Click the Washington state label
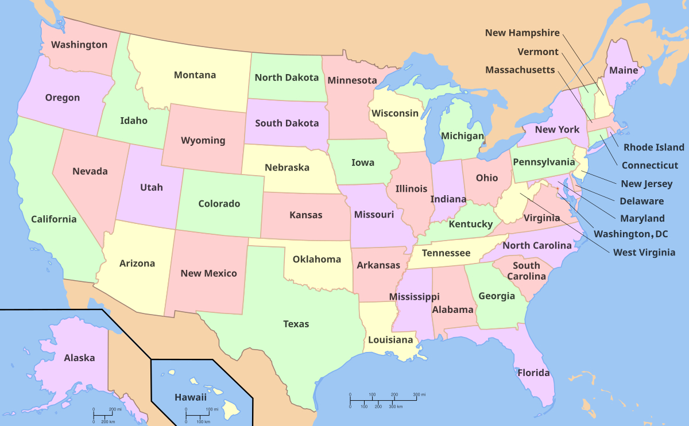pyautogui.click(x=79, y=45)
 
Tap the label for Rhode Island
pyautogui.click(x=654, y=148)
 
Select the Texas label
pyautogui.click(x=296, y=324)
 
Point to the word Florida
pyautogui.click(x=534, y=373)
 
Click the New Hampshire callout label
pyautogui.click(x=522, y=33)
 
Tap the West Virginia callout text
pyautogui.click(x=644, y=253)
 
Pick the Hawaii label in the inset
pyautogui.click(x=191, y=397)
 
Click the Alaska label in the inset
pyautogui.click(x=79, y=358)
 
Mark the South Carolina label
pyautogui.click(x=527, y=271)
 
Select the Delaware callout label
pyautogui.click(x=641, y=202)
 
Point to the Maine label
pyautogui.click(x=624, y=71)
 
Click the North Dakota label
pyautogui.click(x=287, y=78)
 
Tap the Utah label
pyautogui.click(x=152, y=188)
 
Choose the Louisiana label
pyautogui.click(x=390, y=340)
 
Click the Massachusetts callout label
pyautogui.click(x=520, y=70)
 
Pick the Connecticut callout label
pyautogui.click(x=650, y=165)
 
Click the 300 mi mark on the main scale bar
pyautogui.click(x=419, y=395)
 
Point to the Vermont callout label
pyautogui.click(x=538, y=52)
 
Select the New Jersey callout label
pyautogui.click(x=647, y=184)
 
